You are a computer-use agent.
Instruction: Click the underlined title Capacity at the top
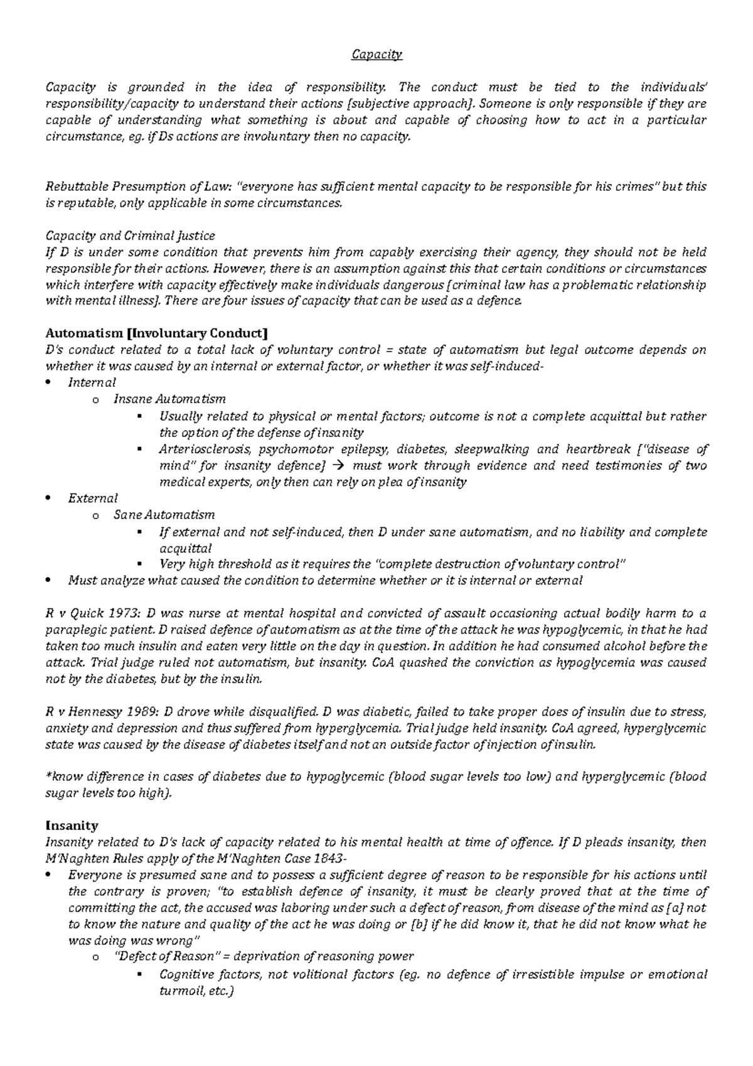coord(376,55)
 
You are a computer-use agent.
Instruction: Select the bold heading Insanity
coord(72,826)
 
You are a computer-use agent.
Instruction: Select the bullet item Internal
coord(92,382)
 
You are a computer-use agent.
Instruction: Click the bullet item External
coord(93,498)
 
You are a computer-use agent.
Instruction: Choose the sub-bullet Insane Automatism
coord(169,399)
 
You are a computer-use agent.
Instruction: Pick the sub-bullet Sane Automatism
coord(164,515)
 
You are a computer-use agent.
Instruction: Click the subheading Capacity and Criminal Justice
coord(131,236)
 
